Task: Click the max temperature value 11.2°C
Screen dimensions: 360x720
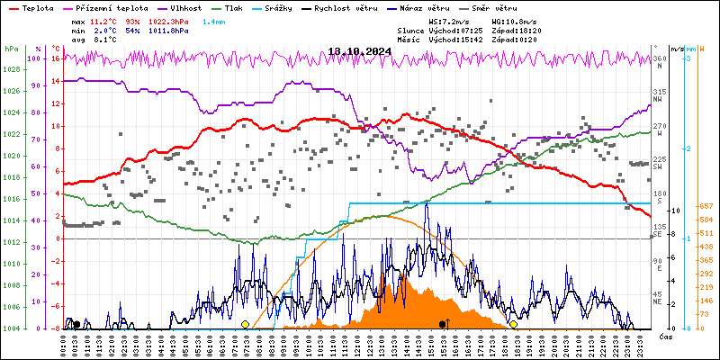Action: click(103, 20)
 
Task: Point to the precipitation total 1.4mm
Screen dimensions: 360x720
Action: click(215, 20)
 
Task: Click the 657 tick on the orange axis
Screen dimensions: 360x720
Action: click(707, 206)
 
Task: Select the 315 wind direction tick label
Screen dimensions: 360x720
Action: click(660, 93)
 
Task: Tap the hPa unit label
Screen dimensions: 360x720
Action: click(11, 49)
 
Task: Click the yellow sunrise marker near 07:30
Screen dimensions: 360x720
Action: click(245, 324)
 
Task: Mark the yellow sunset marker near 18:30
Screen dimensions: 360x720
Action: click(513, 324)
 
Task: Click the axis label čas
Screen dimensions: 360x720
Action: click(666, 337)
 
